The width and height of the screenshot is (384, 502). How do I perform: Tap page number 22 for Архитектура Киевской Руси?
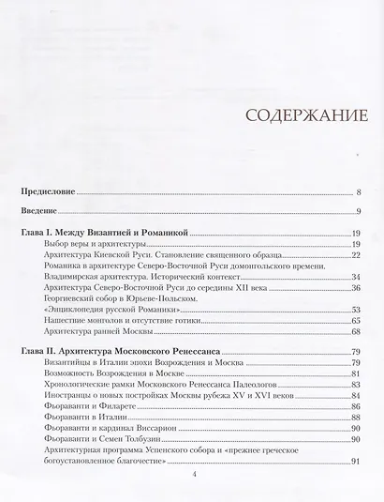click(x=356, y=254)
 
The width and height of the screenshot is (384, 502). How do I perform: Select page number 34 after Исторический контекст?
click(x=356, y=277)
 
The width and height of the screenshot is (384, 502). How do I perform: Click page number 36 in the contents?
click(x=356, y=288)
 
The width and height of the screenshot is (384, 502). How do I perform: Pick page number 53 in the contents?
click(x=356, y=311)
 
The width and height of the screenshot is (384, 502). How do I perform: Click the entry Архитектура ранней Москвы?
click(x=97, y=332)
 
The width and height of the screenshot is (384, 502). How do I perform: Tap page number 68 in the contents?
click(x=356, y=332)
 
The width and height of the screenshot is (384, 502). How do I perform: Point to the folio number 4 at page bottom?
click(x=192, y=476)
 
